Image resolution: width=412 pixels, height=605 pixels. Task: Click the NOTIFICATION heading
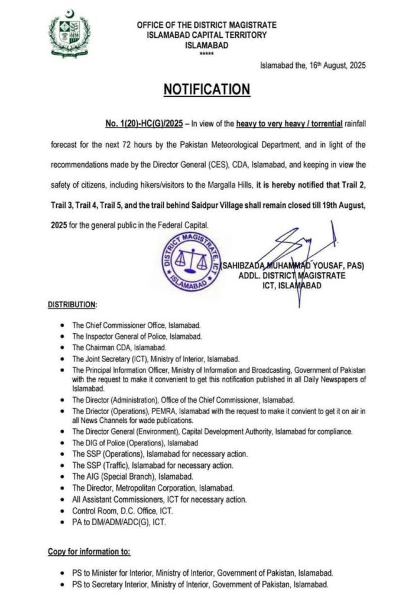[206, 89]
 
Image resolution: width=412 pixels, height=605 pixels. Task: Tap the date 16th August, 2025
[335, 66]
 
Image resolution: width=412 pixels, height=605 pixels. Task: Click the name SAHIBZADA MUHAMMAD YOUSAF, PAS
[292, 266]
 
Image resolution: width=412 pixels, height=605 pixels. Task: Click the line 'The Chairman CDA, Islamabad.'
[119, 347]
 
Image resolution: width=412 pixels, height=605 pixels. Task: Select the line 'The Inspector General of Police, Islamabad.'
[137, 336]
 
